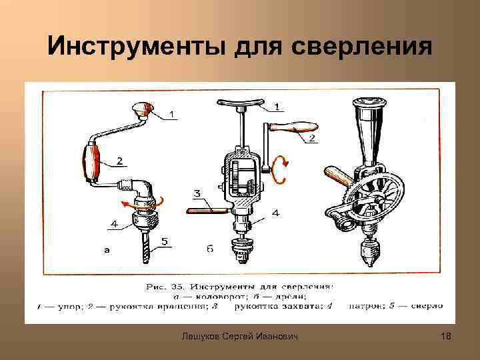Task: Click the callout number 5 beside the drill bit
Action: point(165,242)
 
